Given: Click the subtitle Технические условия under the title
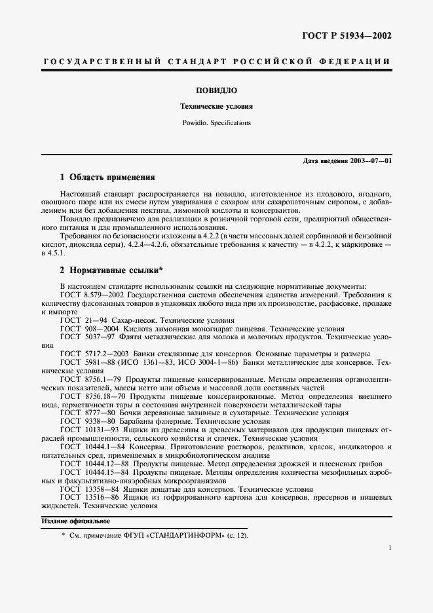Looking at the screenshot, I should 216,105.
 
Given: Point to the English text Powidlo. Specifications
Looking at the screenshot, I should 216,122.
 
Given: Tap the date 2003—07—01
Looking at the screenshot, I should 371,160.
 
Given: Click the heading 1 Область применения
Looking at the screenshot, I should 107,177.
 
